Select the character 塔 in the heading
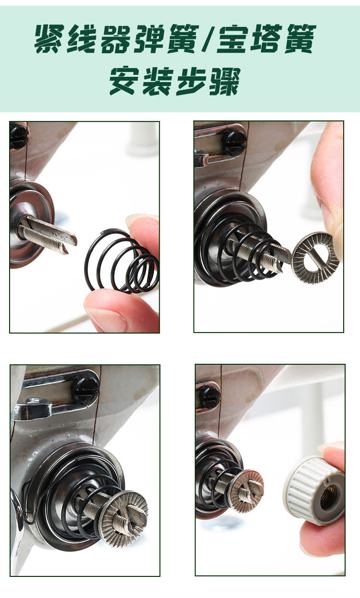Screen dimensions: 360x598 click(265, 39)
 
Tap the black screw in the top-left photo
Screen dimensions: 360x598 click(19, 136)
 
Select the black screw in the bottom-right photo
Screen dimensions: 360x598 click(210, 397)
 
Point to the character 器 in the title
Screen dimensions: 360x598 click(116, 39)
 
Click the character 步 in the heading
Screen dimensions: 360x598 click(192, 81)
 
